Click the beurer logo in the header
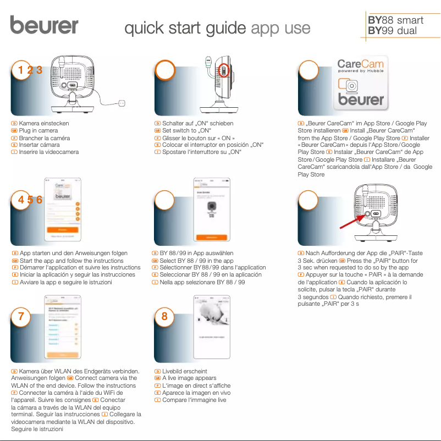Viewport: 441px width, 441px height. point(44,25)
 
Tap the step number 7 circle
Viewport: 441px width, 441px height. point(21,316)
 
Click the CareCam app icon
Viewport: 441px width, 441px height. point(360,84)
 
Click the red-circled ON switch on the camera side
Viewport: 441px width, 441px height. point(223,70)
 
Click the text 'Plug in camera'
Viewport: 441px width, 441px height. point(38,131)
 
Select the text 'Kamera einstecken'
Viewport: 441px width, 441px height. point(44,124)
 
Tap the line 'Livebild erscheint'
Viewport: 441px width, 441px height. point(184,372)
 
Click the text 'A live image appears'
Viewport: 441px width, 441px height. point(189,379)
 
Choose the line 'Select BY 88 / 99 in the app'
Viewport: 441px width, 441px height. point(197,261)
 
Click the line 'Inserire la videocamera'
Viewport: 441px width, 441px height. point(49,152)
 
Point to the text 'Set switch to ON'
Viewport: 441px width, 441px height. point(187,131)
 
